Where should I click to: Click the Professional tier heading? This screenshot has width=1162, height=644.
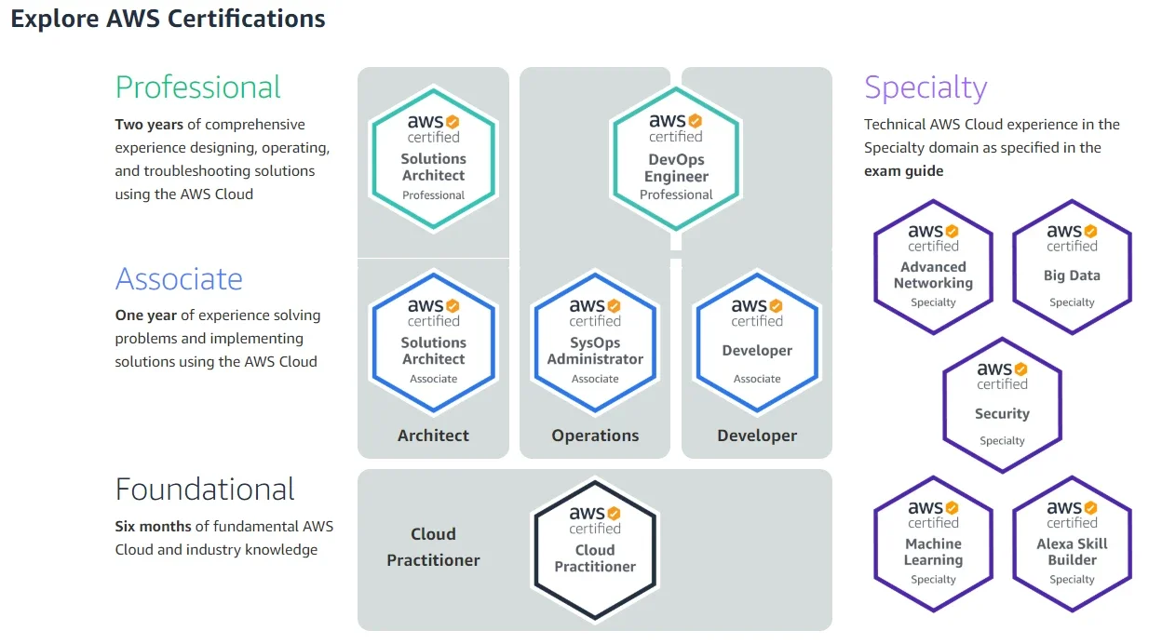coord(197,87)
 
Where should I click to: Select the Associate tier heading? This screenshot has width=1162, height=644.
coord(179,279)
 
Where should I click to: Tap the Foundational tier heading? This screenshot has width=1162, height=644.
coord(205,489)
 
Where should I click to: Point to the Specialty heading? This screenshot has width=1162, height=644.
coord(926,87)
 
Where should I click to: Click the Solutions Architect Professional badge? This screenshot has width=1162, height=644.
coord(434,158)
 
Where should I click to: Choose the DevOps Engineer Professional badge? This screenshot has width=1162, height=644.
coord(676,158)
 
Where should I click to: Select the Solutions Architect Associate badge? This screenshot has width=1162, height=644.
coord(434,342)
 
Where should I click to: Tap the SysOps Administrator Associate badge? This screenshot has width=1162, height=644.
coord(595,342)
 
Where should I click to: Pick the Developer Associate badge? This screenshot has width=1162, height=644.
coord(757,342)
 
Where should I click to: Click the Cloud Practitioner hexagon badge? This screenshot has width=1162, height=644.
coord(595,550)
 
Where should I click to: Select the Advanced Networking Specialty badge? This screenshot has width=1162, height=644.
coord(933,267)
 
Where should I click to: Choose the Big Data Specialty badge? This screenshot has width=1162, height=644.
coord(1072,267)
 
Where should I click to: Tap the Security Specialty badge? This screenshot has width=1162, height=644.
coord(1002,406)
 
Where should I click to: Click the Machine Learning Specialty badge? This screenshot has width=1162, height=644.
coord(933,543)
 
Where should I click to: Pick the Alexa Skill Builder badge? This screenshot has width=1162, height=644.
coord(1072,543)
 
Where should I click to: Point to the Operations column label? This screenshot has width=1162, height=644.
coord(595,436)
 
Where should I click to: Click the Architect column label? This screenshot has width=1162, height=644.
coord(433,436)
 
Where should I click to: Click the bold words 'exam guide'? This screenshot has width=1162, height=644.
coord(904,171)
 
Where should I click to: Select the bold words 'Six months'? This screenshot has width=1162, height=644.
coord(153,527)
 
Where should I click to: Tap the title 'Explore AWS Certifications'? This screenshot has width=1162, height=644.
coord(169,20)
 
